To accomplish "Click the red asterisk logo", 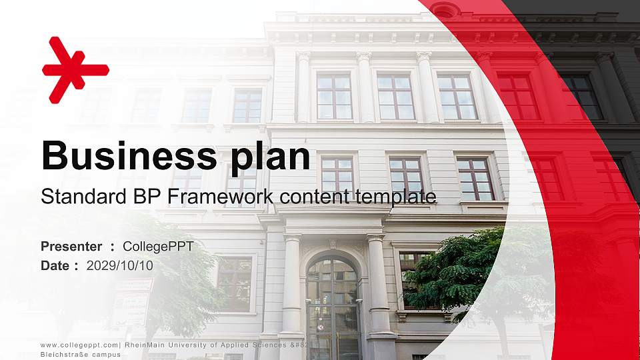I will (74, 69).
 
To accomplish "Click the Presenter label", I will (71, 247).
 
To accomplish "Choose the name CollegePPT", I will (159, 247).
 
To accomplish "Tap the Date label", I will (55, 265).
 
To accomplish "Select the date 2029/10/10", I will (120, 265).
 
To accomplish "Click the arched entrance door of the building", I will (332, 307).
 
